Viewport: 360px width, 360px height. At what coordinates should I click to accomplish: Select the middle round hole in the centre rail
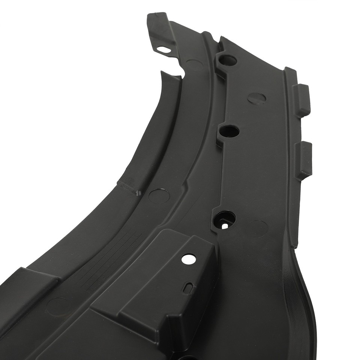pyautogui.click(x=229, y=131)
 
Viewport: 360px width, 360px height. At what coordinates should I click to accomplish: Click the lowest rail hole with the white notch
pyautogui.click(x=225, y=218)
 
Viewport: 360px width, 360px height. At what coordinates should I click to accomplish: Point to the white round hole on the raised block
pyautogui.click(x=186, y=259)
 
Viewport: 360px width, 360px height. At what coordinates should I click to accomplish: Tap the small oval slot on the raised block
pyautogui.click(x=189, y=287)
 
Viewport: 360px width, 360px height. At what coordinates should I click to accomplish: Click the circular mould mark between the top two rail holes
pyautogui.click(x=257, y=97)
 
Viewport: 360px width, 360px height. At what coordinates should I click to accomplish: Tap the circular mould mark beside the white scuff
pyautogui.click(x=156, y=195)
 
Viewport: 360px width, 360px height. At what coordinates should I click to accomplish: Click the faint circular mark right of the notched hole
pyautogui.click(x=258, y=226)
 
